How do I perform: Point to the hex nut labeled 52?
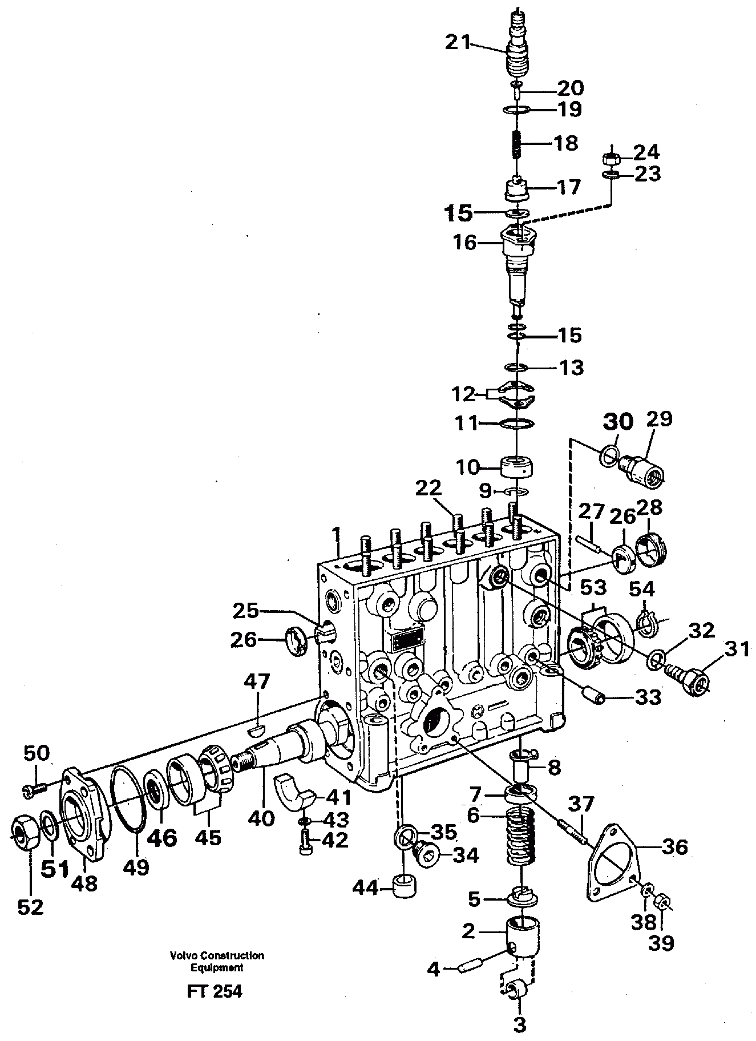[25, 837]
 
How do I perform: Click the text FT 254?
[214, 992]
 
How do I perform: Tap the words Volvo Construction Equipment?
[216, 962]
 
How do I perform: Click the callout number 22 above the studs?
[428, 488]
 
